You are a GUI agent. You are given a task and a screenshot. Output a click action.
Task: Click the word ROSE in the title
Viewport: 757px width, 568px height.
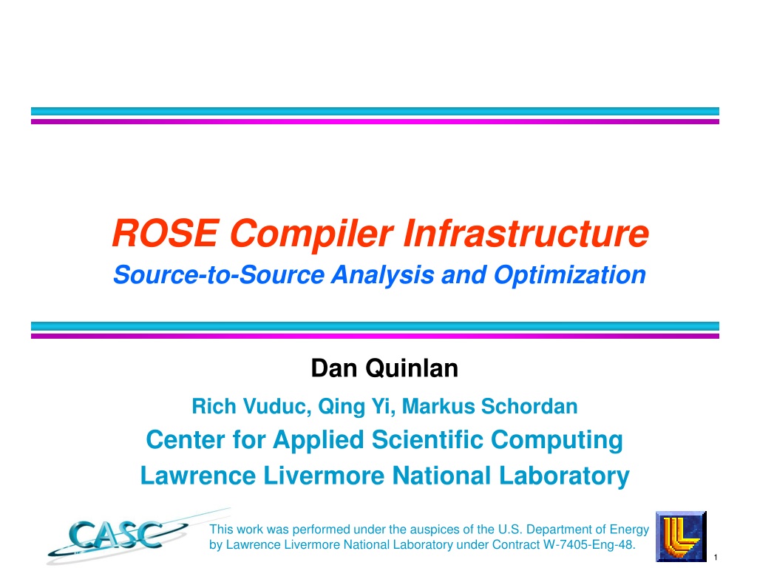coord(166,233)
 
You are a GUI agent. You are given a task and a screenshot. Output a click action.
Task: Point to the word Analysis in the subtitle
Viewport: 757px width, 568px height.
coord(383,276)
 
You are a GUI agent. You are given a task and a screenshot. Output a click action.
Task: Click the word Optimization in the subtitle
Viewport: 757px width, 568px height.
coord(570,276)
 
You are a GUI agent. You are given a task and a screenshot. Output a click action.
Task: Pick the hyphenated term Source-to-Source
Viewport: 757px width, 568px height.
coord(219,275)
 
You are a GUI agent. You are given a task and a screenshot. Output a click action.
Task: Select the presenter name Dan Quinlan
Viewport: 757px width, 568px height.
coord(384,368)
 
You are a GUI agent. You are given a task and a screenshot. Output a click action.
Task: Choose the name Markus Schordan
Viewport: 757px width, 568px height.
coord(489,406)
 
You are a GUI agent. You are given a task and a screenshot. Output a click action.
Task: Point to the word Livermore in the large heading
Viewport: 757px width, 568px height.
coord(324,476)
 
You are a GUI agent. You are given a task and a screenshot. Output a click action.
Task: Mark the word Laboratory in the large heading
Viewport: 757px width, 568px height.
coord(564,476)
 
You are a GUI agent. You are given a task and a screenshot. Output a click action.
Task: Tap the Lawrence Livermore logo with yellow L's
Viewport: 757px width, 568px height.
coord(681,536)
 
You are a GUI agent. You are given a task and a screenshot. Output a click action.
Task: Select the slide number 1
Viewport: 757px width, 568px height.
coord(716,558)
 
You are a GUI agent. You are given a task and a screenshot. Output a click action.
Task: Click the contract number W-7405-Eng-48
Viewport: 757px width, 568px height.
coord(589,545)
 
